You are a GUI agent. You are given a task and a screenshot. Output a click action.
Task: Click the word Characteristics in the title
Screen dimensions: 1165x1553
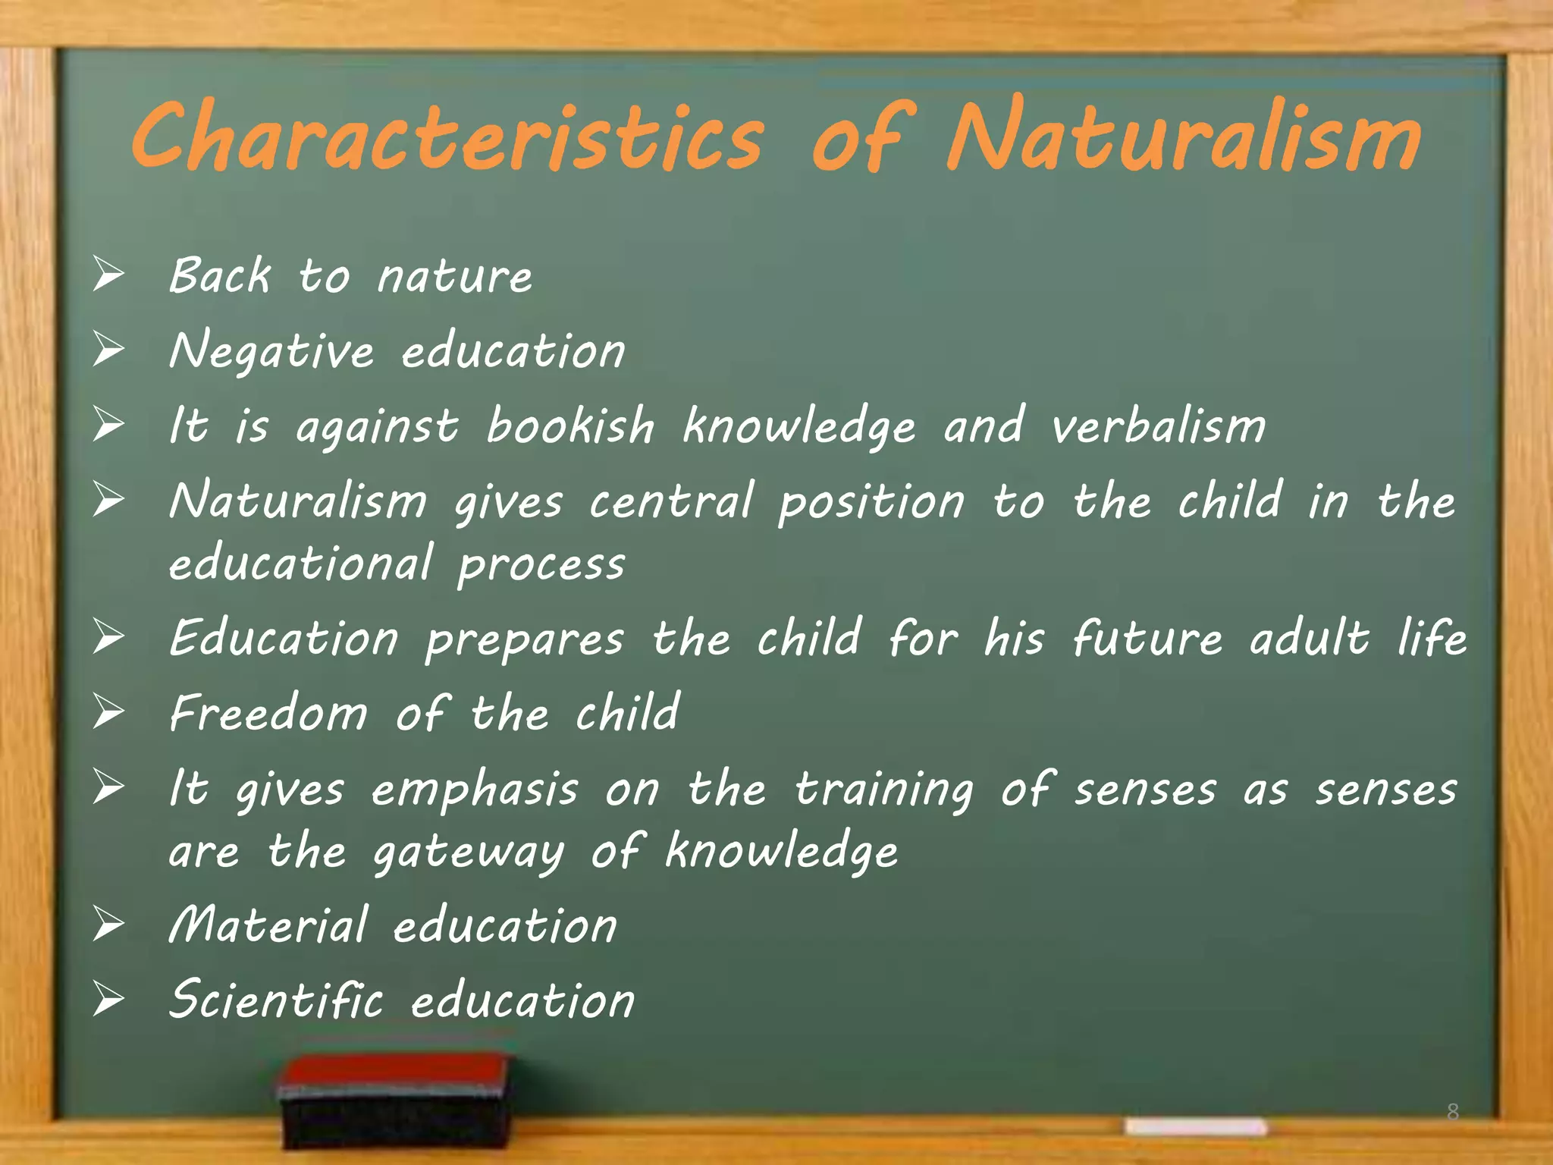pos(447,137)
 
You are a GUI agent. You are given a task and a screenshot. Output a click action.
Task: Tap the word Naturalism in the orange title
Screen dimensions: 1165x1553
pos(1183,137)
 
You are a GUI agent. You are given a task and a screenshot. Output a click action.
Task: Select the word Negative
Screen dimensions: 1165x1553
pos(271,350)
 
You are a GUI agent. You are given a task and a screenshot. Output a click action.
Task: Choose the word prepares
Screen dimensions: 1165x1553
pos(525,639)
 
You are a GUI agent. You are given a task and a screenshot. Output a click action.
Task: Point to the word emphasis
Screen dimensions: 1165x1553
pos(475,789)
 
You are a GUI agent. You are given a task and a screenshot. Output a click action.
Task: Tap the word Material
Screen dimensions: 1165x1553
pos(268,925)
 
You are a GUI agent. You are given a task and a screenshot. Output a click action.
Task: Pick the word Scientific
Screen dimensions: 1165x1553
pos(276,1000)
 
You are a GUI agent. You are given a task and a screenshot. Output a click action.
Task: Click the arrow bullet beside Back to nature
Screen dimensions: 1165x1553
pos(108,275)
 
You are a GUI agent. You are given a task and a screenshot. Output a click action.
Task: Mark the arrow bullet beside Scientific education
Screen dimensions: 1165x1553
pos(108,1000)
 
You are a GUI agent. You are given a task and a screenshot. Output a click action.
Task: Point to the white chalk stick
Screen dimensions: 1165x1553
pos(1196,1126)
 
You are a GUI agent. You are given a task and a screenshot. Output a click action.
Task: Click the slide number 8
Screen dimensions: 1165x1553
pos(1452,1112)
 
